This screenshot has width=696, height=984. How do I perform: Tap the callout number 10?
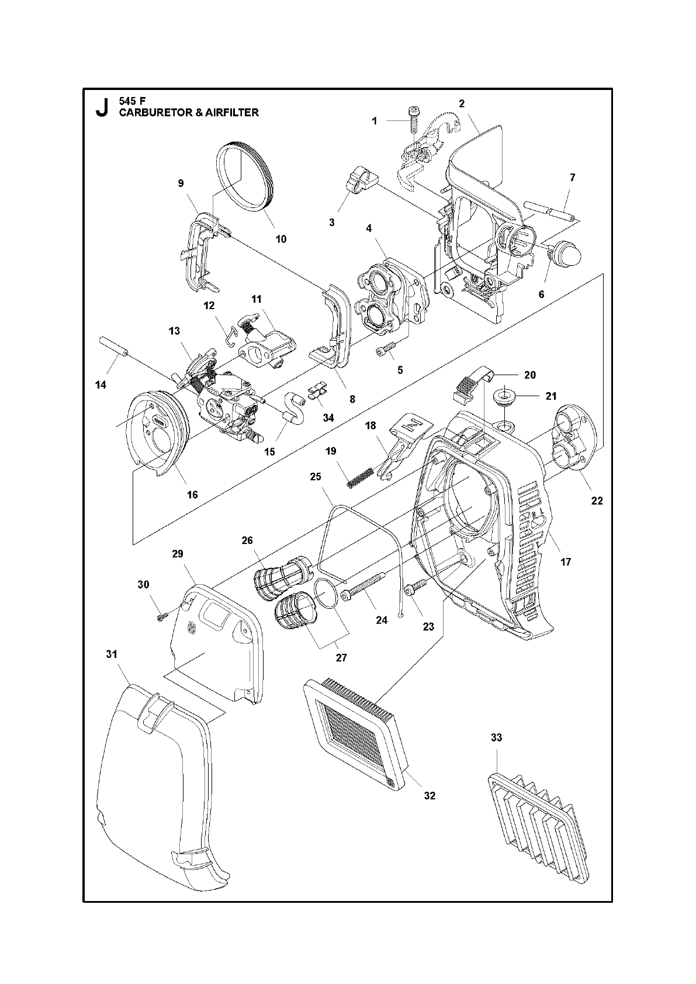(281, 238)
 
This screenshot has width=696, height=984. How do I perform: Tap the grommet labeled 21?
(503, 397)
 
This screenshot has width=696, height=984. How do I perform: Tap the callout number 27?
(341, 657)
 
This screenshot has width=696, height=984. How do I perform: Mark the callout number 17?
(565, 562)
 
